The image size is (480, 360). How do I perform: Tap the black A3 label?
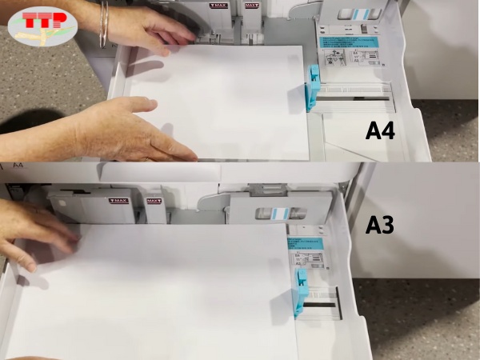coord(380,226)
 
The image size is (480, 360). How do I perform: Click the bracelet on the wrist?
coord(103,24)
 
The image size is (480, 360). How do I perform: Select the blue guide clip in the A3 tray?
coord(300,290)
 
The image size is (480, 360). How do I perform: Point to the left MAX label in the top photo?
coord(218,6)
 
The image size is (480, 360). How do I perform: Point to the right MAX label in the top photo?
coord(250,6)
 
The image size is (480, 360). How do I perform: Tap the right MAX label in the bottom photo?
coord(154,201)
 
